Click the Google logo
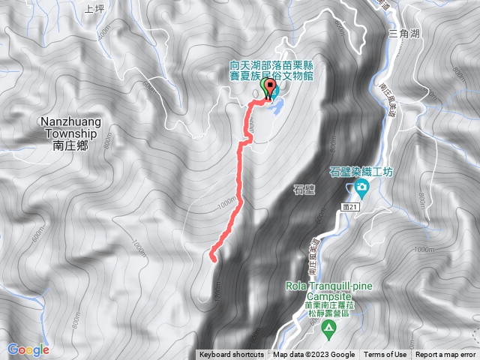pyautogui.click(x=28, y=349)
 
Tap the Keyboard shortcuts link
pyautogui.click(x=231, y=355)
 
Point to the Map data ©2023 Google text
pyautogui.click(x=313, y=355)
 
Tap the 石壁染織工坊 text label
pyautogui.click(x=362, y=171)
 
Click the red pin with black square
pyautogui.click(x=270, y=91)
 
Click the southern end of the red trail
pyautogui.click(x=213, y=259)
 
